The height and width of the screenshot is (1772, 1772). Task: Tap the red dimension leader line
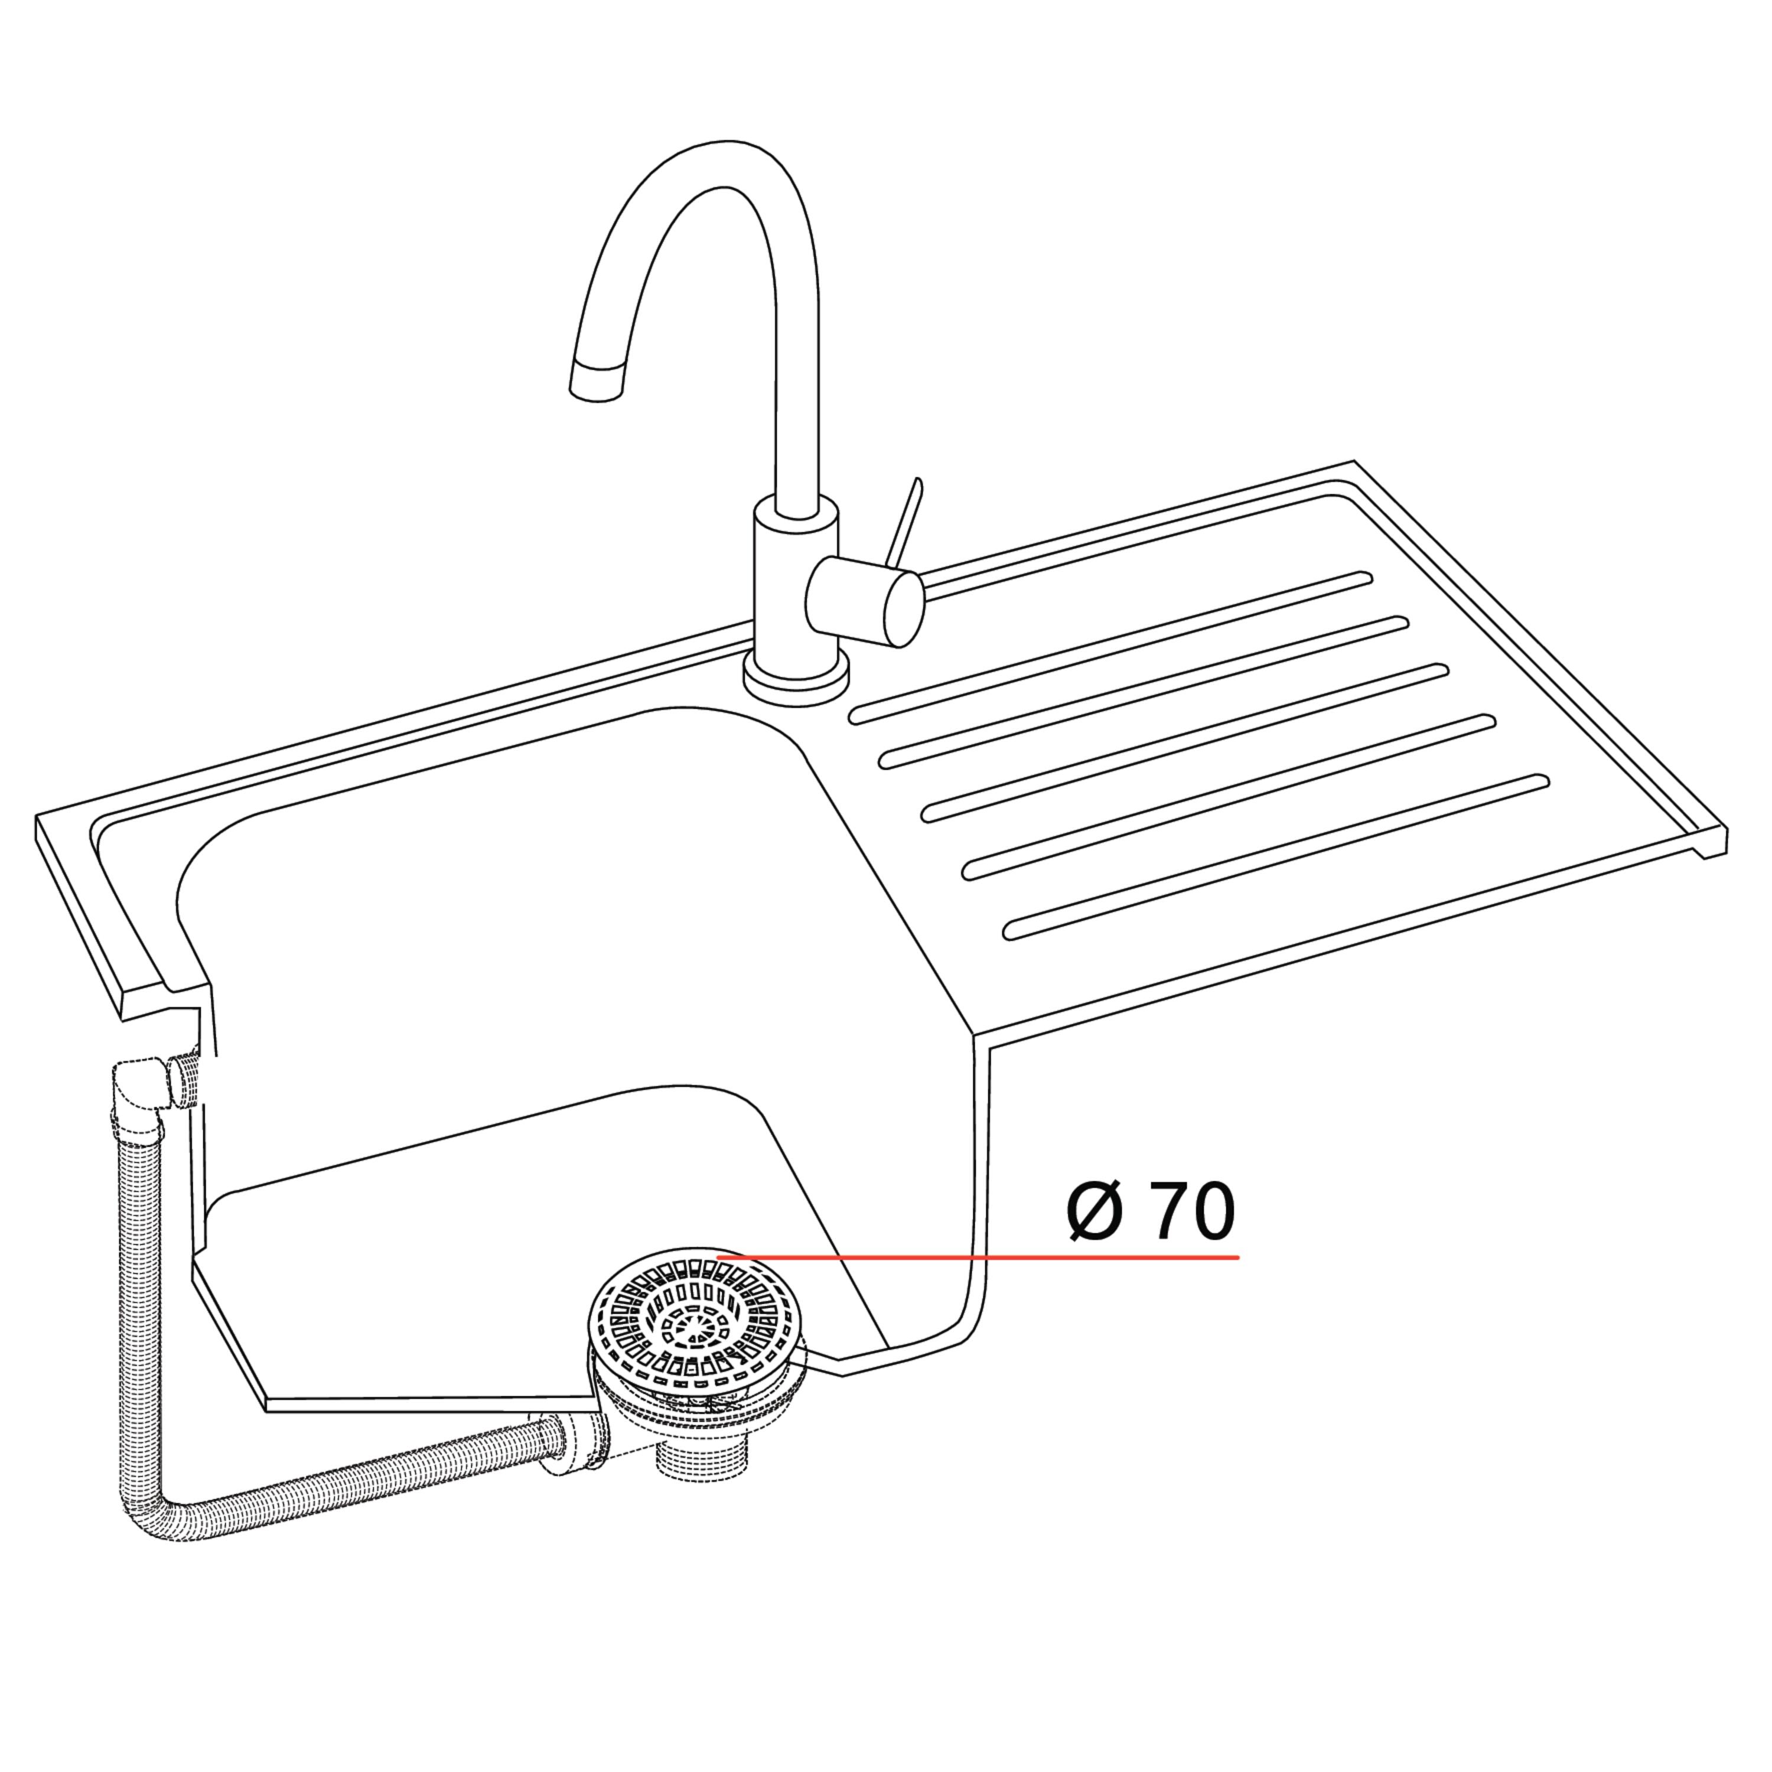click(x=977, y=1256)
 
